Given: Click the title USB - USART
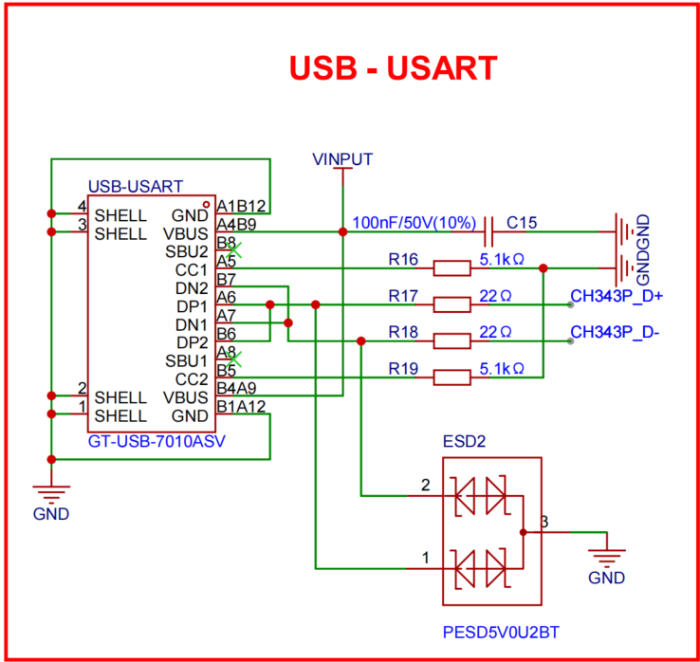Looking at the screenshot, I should point(392,67).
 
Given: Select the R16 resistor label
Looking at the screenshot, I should point(403,258).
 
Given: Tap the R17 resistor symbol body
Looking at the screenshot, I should point(451,304).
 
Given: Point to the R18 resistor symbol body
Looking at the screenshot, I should point(451,340).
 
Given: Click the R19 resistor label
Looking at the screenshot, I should point(403,367).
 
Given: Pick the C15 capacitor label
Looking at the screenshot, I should point(521,223).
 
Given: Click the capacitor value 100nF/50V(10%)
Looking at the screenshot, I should point(414,223).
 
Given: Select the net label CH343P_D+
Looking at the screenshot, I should point(617,296).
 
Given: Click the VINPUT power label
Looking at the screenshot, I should point(342,158).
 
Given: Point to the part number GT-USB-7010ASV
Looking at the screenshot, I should point(156,441).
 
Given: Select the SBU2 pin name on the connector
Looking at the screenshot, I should point(188,252).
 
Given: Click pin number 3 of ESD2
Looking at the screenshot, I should point(543,522).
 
